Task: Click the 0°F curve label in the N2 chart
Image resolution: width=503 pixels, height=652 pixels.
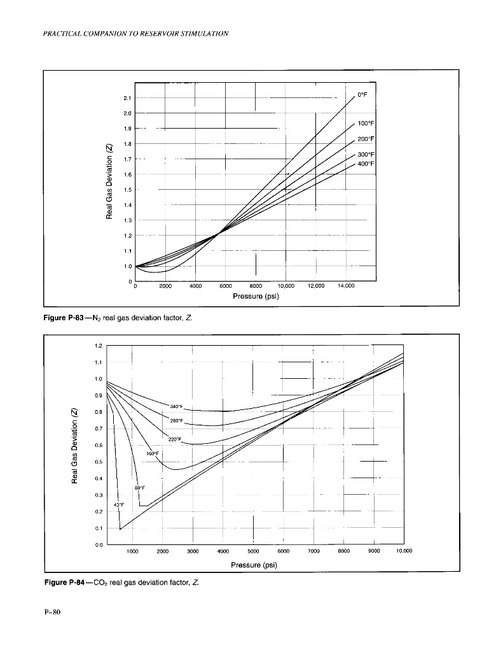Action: click(x=362, y=94)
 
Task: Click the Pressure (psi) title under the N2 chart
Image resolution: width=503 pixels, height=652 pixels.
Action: click(x=256, y=296)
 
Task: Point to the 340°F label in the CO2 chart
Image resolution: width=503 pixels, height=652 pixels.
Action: click(x=176, y=406)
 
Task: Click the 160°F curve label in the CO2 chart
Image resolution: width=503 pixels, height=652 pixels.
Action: click(x=154, y=454)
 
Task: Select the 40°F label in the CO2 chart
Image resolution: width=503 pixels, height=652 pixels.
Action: click(x=119, y=505)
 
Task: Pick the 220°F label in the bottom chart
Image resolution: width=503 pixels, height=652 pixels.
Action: click(x=174, y=439)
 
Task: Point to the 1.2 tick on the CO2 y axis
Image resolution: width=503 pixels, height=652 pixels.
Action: click(x=98, y=346)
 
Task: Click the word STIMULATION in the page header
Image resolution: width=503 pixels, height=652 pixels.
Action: click(x=202, y=32)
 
